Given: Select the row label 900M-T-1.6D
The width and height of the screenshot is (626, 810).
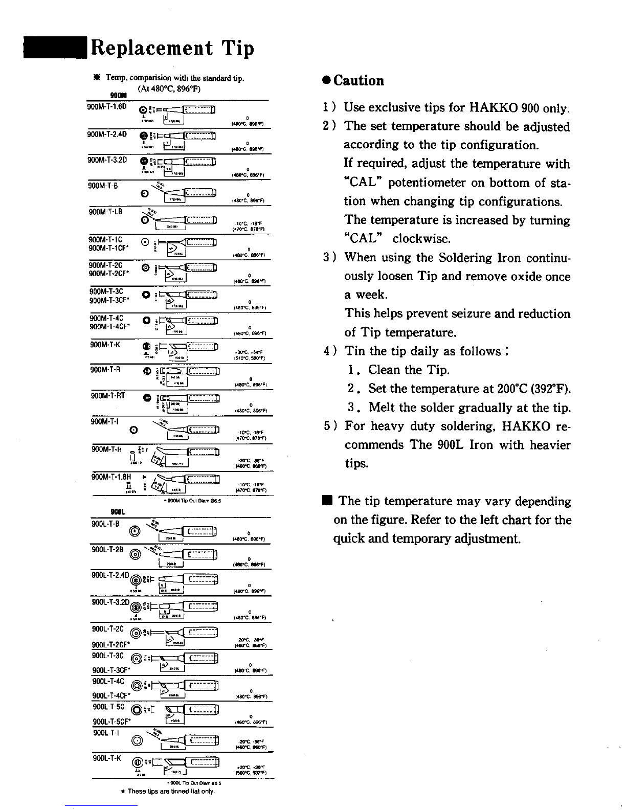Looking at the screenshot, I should [x=106, y=106].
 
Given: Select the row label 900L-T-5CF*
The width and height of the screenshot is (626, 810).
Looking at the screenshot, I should [x=112, y=722].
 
